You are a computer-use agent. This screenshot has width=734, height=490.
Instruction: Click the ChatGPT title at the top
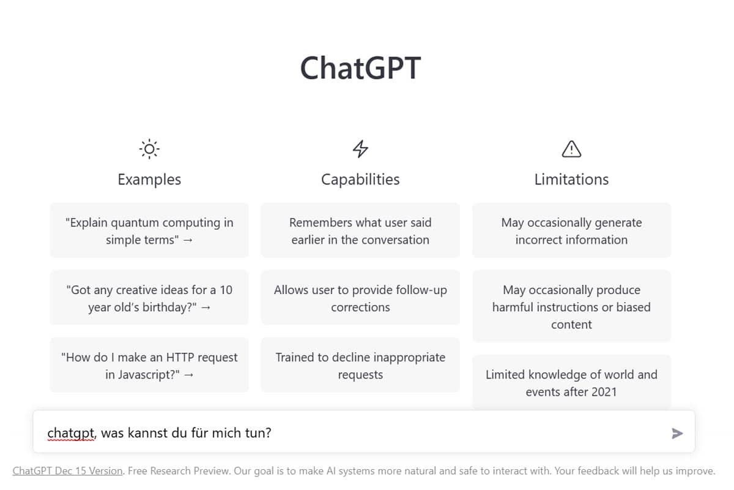360,68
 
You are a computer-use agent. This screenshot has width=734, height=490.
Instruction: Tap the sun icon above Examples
149,149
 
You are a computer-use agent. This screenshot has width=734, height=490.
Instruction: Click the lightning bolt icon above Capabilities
360,149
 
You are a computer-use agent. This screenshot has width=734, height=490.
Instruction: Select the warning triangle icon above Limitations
571,149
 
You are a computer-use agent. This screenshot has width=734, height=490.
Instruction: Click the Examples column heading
149,179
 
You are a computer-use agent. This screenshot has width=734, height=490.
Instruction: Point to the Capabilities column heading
360,179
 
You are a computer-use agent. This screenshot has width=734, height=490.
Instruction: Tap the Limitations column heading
571,179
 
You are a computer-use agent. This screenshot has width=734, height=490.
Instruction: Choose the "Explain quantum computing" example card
149,231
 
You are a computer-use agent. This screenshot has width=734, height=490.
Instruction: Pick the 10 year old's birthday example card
149,298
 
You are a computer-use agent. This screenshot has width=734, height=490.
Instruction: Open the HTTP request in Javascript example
149,365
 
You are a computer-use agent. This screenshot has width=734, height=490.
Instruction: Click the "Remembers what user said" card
360,231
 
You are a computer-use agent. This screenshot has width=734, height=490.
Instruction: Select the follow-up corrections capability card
360,298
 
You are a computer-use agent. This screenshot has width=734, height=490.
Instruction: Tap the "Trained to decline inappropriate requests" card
360,365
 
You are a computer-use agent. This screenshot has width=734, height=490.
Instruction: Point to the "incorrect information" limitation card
571,231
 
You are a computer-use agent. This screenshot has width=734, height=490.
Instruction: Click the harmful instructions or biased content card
571,306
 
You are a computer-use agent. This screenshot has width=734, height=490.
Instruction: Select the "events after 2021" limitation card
571,383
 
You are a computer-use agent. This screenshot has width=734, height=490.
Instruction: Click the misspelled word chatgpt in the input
71,433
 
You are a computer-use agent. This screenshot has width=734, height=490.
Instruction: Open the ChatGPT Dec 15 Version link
67,471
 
